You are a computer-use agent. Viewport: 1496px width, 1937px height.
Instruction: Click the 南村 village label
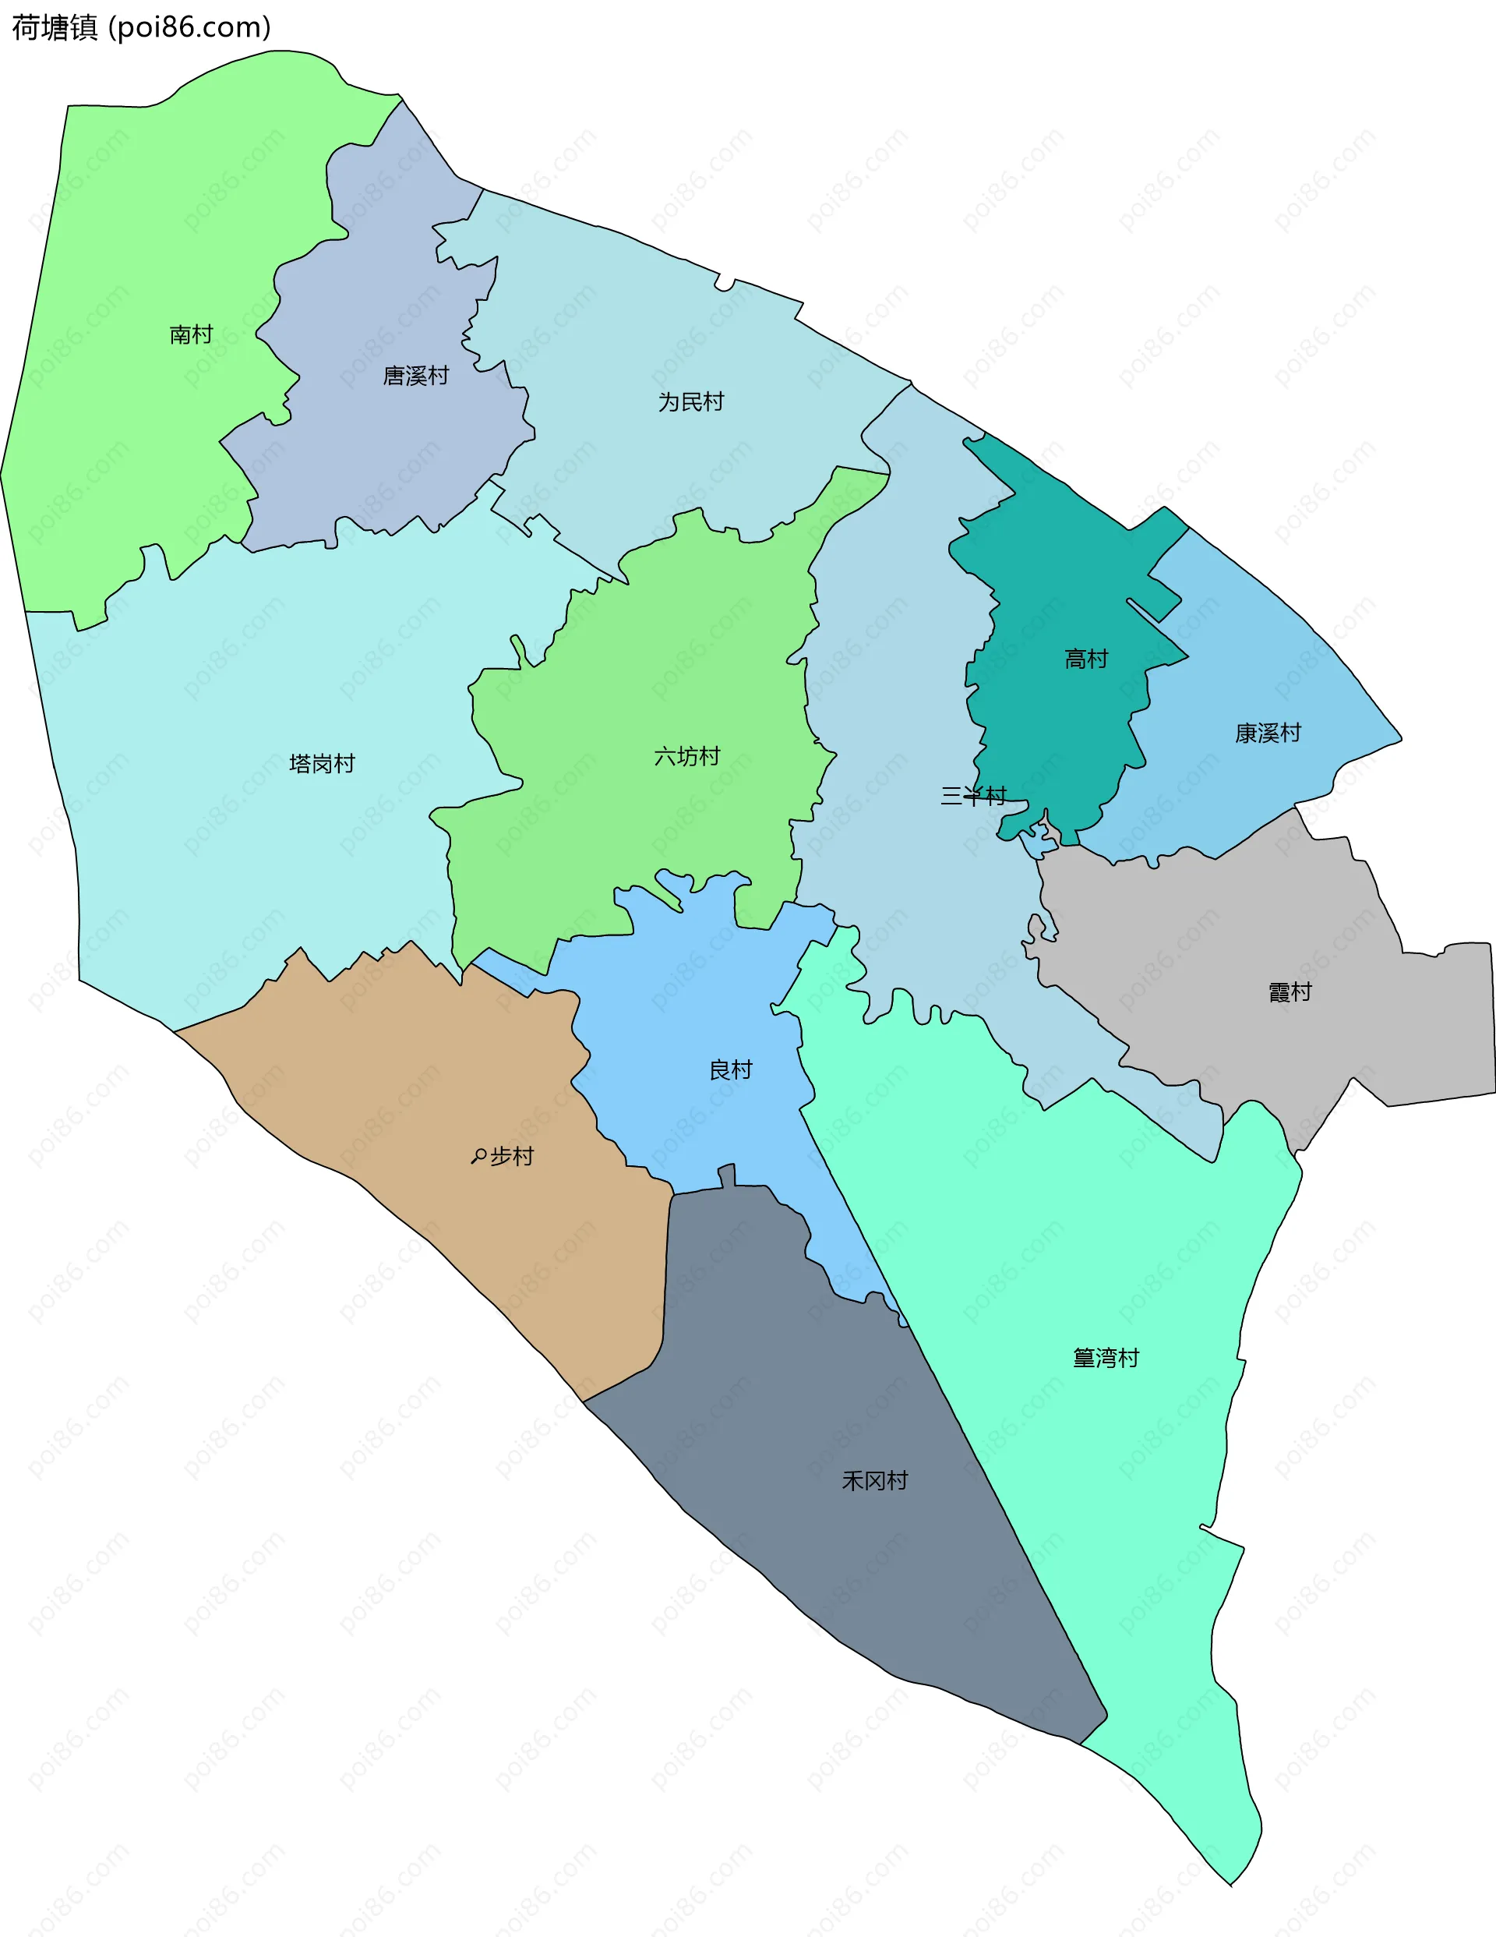click(x=192, y=334)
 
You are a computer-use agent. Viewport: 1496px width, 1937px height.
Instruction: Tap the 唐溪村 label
click(x=416, y=376)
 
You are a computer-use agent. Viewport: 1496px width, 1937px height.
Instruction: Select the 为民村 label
click(x=691, y=401)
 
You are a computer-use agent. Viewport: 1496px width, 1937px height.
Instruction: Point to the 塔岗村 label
click(x=322, y=764)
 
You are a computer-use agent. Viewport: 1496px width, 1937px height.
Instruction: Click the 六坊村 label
click(x=686, y=757)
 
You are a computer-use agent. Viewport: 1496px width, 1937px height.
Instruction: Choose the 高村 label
click(x=1086, y=659)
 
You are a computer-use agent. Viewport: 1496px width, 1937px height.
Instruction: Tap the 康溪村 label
click(x=1268, y=733)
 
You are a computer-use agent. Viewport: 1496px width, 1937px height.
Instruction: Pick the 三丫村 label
click(x=973, y=796)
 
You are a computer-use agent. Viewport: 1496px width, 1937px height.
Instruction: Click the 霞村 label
click(x=1290, y=992)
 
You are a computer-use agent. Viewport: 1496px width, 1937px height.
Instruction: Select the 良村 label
click(x=731, y=1069)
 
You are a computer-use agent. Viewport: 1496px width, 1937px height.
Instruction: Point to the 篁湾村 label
click(x=1106, y=1358)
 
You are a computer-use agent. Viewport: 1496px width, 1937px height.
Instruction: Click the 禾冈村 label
click(x=874, y=1480)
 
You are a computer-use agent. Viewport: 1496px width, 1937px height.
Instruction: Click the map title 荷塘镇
click(x=54, y=27)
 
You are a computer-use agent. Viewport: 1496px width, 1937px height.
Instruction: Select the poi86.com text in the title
click(x=190, y=27)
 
